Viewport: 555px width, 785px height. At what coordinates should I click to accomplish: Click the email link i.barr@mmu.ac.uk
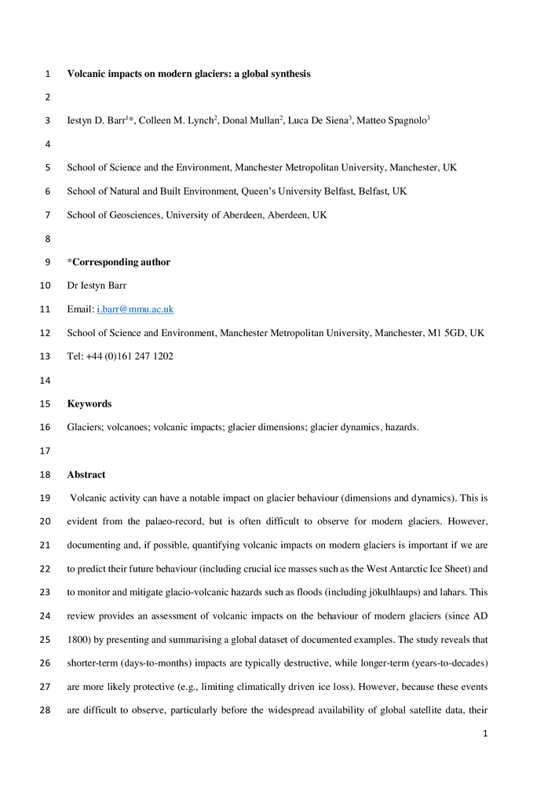[x=141, y=309]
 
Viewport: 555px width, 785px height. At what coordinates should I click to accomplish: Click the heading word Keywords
[x=89, y=403]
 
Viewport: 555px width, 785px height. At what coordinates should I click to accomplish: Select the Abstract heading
[x=86, y=474]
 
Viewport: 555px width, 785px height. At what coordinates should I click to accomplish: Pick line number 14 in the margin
[x=44, y=380]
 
